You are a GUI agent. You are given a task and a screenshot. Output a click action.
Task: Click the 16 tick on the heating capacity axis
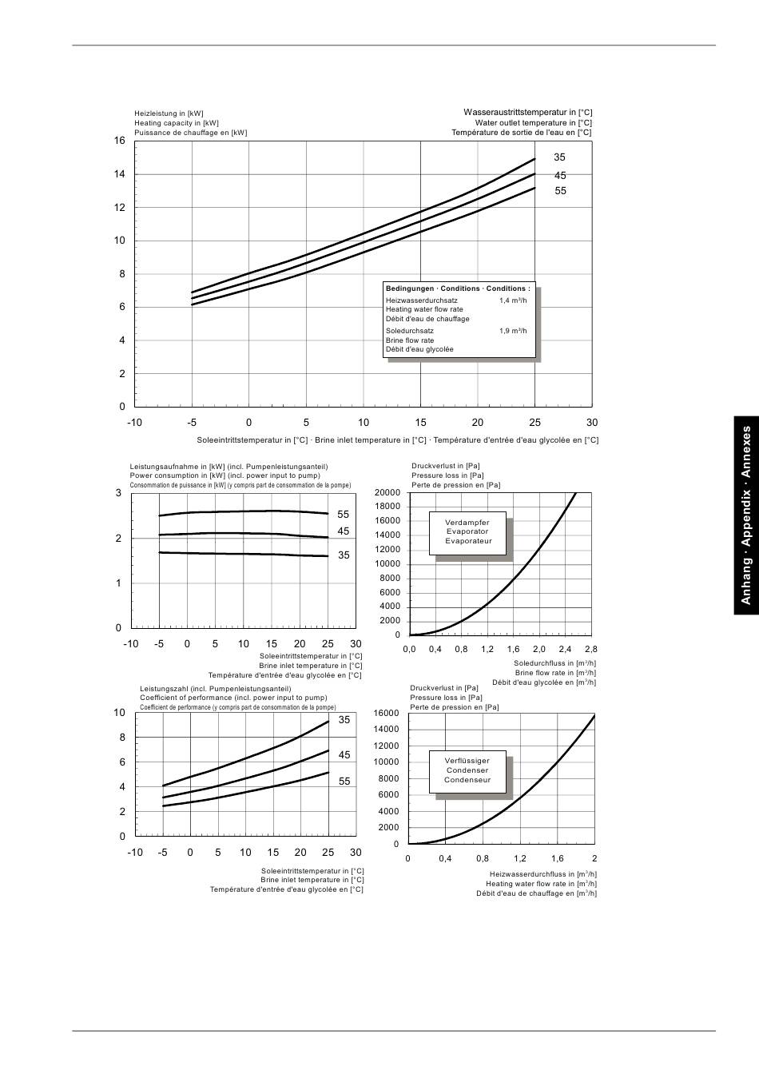(120, 141)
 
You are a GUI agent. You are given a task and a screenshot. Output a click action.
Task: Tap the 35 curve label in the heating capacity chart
(559, 157)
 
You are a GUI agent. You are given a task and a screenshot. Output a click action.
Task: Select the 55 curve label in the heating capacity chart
(560, 191)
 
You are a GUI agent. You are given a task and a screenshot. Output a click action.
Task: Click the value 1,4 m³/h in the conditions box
(513, 300)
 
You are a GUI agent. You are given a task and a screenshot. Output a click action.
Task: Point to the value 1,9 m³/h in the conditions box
(513, 331)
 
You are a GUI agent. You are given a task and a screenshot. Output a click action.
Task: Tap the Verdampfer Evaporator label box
(468, 532)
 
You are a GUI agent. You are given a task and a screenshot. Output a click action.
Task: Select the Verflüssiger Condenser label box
(467, 770)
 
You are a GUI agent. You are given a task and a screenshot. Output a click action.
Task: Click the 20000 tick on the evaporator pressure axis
(387, 492)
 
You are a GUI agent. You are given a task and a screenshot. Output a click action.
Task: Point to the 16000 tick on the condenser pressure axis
(386, 713)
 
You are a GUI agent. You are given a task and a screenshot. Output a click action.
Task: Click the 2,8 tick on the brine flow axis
(590, 650)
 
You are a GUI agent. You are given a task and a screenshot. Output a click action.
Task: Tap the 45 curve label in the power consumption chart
(344, 531)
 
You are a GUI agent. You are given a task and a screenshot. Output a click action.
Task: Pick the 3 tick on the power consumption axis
(119, 493)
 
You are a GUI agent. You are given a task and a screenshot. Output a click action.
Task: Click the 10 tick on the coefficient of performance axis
(120, 713)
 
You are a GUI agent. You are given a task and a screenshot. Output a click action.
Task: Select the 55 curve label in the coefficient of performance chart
(344, 782)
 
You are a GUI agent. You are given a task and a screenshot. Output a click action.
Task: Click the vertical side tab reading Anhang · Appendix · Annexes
(746, 515)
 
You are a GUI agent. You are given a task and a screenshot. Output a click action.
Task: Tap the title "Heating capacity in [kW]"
(176, 123)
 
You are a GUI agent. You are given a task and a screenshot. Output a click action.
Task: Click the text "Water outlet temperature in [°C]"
(534, 123)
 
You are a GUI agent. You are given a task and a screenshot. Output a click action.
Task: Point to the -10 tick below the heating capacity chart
(134, 423)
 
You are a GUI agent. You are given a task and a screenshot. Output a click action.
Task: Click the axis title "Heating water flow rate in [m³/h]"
(541, 884)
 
